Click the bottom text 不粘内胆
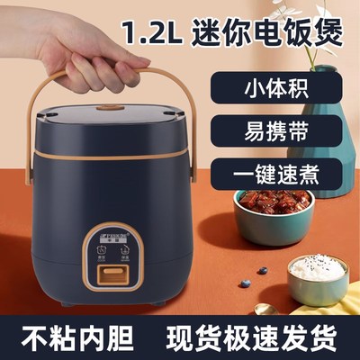click(x=69, y=335)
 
